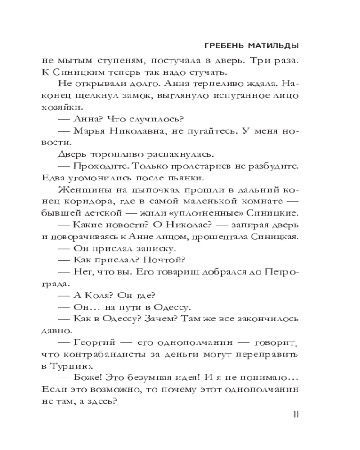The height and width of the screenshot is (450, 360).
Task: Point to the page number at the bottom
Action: click(296, 414)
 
